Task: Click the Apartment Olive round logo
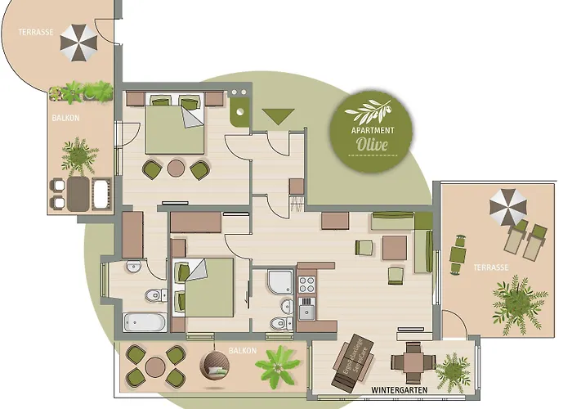[x=371, y=128]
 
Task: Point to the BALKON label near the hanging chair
[x=244, y=351]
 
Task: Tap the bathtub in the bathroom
[x=145, y=321]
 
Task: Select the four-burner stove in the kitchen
[x=307, y=285]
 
